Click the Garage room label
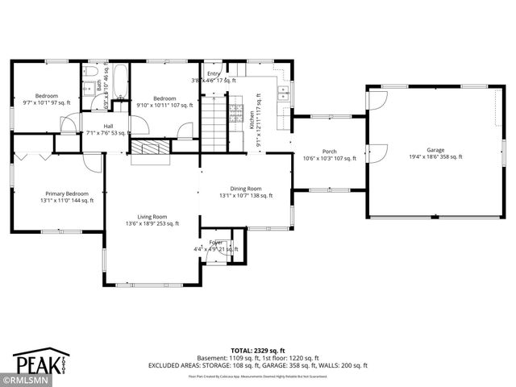point(435,149)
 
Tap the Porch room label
point(329,151)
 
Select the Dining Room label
point(246,187)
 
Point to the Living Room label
point(152,216)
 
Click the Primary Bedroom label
point(66,193)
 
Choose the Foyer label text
point(216,242)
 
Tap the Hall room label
point(107,127)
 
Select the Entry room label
point(214,73)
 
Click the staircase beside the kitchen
point(214,118)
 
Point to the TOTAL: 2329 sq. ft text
point(258,349)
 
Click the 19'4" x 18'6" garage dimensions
point(435,156)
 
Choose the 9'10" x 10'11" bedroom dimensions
point(164,105)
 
